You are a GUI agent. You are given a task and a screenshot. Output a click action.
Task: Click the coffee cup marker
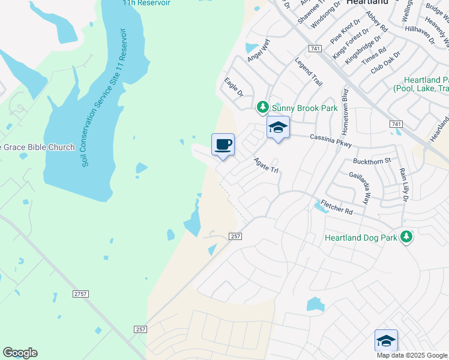223,145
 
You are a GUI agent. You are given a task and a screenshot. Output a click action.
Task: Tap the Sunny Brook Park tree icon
262,107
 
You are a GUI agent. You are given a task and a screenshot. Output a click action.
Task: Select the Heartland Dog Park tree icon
407,237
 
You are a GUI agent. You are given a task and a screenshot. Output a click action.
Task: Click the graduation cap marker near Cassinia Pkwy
278,128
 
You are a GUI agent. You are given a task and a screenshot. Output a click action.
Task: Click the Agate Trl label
267,166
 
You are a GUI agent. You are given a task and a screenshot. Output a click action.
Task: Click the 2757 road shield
79,293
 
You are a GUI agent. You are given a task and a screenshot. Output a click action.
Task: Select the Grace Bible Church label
37,147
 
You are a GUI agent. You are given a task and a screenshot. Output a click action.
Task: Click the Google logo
20,353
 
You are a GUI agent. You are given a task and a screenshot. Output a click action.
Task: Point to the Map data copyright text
412,355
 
